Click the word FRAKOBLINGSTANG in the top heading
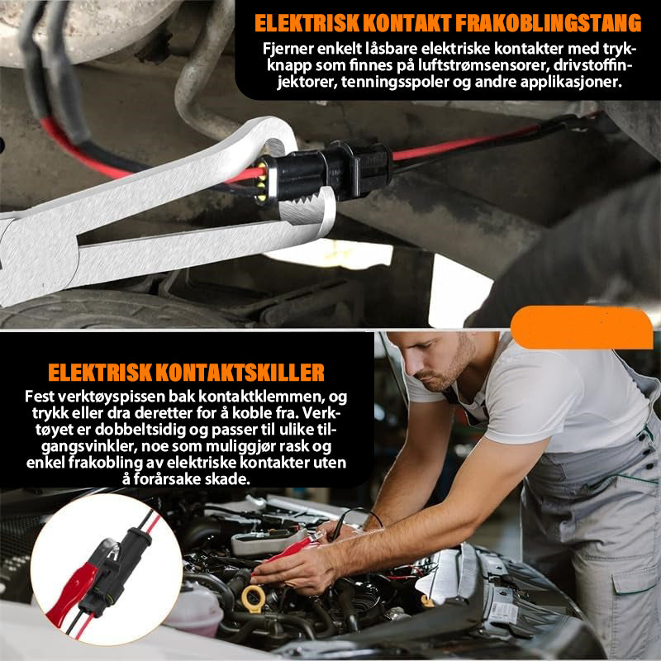click(x=547, y=23)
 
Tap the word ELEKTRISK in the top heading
click(x=307, y=23)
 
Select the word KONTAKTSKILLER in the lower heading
click(x=240, y=373)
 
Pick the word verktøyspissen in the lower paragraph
click(x=112, y=397)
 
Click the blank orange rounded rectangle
click(x=582, y=327)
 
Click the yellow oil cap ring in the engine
click(x=254, y=598)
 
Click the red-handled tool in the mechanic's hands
click(x=291, y=550)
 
